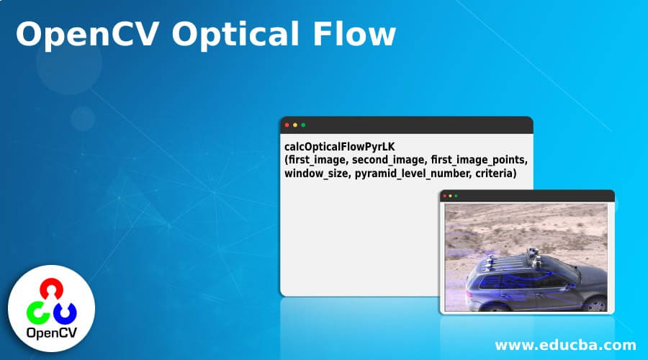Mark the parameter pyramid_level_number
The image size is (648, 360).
pyautogui.click(x=405, y=174)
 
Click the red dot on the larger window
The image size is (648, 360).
pyautogui.click(x=287, y=125)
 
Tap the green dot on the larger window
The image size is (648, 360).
pyautogui.click(x=303, y=125)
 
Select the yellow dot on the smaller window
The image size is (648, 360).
pyautogui.click(x=450, y=196)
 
